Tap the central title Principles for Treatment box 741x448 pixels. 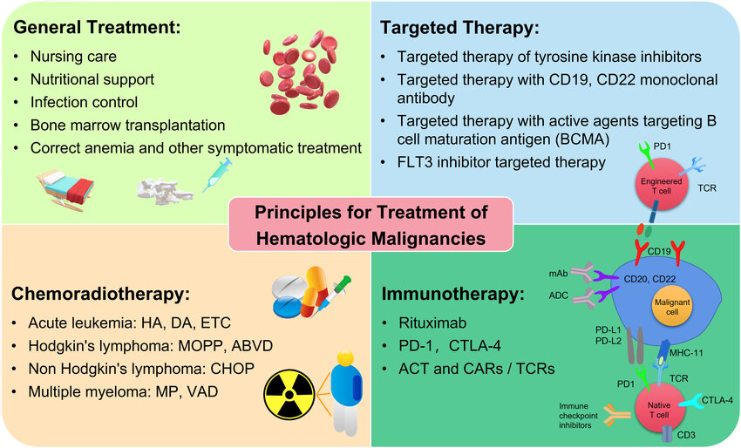370,224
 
